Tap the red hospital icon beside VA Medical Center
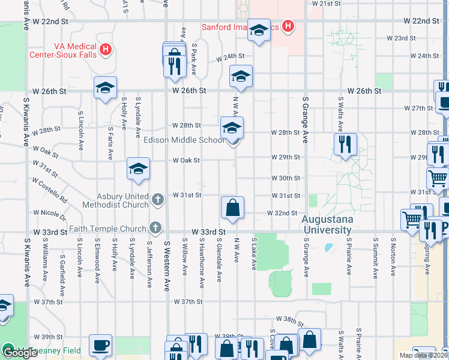106,49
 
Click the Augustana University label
326,224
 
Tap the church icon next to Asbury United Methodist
157,199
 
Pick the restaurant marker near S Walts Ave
345,144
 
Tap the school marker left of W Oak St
138,169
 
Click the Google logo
19,353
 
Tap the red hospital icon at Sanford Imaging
288,26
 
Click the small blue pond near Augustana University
328,247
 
